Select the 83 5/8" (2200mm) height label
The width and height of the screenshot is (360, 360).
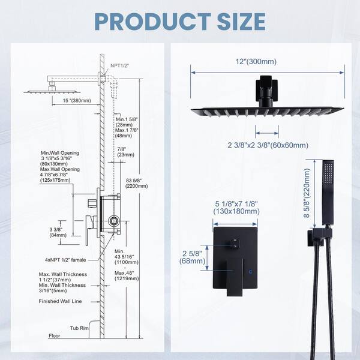click(x=137, y=182)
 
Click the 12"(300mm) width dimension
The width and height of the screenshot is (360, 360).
click(x=268, y=62)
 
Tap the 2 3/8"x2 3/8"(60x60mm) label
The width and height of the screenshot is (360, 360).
click(x=268, y=145)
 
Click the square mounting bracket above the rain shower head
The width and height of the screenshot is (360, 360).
click(x=267, y=87)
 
